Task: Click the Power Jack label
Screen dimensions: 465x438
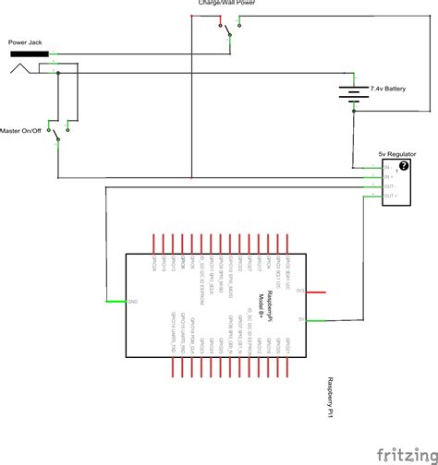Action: tap(24, 42)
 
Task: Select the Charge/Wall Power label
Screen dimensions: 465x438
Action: tap(227, 4)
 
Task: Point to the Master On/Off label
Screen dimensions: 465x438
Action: tap(22, 130)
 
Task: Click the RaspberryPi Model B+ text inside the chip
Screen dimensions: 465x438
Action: tap(266, 304)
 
